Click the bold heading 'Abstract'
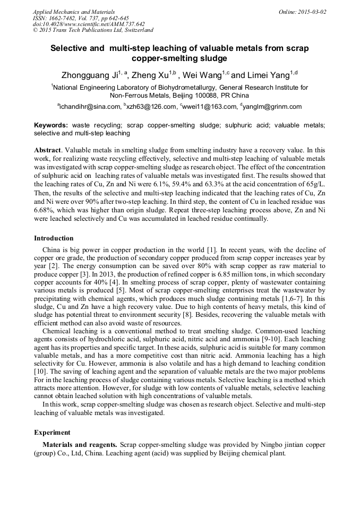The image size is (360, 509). [x=48, y=150]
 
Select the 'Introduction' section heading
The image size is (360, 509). [x=54, y=238]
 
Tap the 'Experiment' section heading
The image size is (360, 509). [x=53, y=432]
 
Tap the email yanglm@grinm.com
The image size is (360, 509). [x=272, y=107]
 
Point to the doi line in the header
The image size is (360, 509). [x=89, y=24]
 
